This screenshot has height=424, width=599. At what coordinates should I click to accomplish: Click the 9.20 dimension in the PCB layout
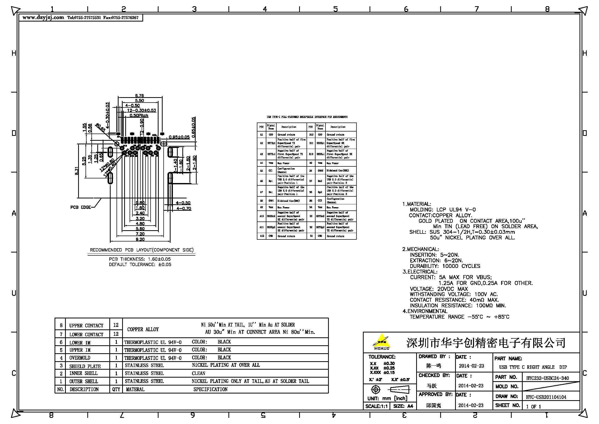coord(140,239)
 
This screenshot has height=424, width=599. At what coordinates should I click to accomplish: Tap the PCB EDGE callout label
coord(81,207)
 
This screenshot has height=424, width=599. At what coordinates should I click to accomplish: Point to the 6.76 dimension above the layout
coord(140,96)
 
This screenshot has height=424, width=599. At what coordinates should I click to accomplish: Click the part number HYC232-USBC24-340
coord(547,378)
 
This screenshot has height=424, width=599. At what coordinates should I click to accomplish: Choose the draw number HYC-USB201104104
coord(546,397)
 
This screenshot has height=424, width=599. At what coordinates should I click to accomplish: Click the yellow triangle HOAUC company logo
coord(381,341)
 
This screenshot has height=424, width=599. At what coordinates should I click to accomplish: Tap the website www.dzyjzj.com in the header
coord(43,17)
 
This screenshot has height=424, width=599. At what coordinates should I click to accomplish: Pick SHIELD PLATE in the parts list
coord(85,366)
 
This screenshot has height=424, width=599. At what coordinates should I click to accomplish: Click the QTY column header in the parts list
coord(116,389)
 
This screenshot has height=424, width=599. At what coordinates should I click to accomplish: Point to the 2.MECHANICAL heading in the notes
coord(421,249)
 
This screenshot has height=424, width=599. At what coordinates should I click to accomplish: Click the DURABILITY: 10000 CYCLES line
coord(445,266)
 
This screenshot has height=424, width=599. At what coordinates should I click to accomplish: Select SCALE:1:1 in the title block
coord(376,406)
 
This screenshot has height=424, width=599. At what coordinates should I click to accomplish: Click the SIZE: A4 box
coord(403,406)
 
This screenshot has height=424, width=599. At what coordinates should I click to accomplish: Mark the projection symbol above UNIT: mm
coord(376,390)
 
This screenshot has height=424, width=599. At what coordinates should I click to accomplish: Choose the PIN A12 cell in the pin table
coord(261,236)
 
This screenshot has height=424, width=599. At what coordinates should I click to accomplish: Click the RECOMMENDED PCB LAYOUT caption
coord(142,250)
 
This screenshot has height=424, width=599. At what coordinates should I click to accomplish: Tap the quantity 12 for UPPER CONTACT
coord(116,325)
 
